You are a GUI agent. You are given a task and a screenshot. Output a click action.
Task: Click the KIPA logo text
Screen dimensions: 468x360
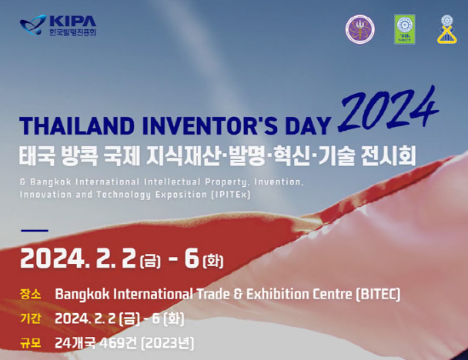[x=73, y=22]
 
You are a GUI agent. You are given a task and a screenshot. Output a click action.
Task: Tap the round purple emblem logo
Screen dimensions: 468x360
[x=360, y=29]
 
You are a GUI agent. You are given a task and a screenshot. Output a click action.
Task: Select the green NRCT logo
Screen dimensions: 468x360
[x=404, y=29]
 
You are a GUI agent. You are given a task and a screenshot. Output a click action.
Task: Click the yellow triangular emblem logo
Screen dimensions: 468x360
[x=446, y=29]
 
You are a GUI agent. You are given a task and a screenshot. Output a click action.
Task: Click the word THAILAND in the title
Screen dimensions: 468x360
[x=77, y=126]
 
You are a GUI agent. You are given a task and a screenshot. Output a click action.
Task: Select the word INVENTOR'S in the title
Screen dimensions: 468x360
[x=210, y=126]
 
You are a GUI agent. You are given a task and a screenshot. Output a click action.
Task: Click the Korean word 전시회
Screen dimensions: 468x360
[x=388, y=156]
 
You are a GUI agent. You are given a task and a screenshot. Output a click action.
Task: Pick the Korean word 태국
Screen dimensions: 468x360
[x=37, y=156]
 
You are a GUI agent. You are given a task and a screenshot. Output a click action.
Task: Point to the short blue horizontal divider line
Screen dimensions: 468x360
[x=35, y=230]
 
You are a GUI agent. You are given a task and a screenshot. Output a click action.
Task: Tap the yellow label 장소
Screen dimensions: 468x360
[x=31, y=294]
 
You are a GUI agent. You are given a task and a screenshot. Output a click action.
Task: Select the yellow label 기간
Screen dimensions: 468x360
[x=31, y=318]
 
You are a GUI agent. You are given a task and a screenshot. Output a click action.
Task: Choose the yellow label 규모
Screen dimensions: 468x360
[x=31, y=343]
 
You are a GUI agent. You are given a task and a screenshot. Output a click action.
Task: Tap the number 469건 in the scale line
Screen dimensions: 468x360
[x=118, y=343]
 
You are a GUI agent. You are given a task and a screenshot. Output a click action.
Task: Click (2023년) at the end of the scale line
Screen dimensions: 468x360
[x=168, y=343]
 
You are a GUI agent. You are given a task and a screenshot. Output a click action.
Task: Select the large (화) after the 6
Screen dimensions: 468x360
[x=213, y=262]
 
